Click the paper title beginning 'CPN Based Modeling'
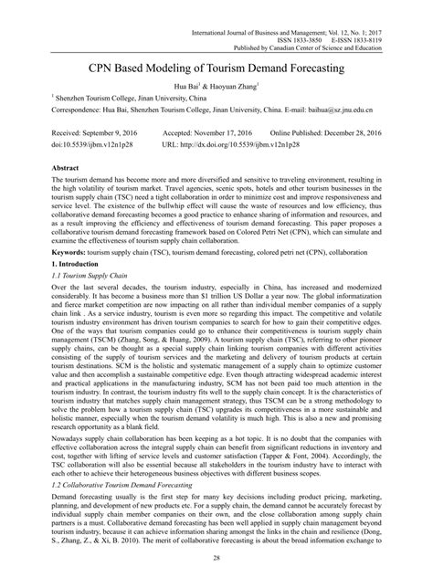click(x=216, y=68)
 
